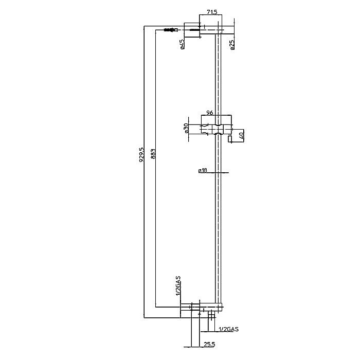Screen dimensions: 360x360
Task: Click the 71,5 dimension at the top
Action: [x=212, y=12]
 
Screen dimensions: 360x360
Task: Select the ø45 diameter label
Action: [x=182, y=44]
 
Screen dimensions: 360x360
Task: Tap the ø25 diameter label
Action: [x=232, y=45]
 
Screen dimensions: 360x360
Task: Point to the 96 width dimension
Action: [x=210, y=113]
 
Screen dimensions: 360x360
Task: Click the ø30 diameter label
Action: [x=186, y=129]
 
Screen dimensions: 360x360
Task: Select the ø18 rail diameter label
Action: [x=203, y=170]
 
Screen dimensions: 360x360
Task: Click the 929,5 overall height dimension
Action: [x=142, y=155]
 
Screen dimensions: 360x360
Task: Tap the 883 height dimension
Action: [x=153, y=154]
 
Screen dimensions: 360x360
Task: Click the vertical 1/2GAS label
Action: [x=178, y=286]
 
